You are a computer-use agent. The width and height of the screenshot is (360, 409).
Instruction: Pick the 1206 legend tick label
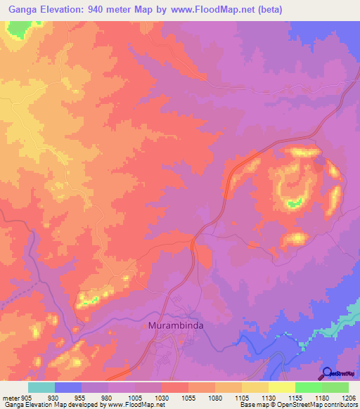(x=349, y=397)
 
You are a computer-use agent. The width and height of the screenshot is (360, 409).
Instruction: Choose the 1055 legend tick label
(x=189, y=397)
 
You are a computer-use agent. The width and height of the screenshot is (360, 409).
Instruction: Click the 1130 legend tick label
(x=269, y=397)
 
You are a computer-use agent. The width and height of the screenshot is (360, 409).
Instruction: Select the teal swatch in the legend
(x=41, y=387)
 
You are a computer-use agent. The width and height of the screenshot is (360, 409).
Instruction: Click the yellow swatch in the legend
(x=281, y=387)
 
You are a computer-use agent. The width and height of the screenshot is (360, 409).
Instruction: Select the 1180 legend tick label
(x=322, y=397)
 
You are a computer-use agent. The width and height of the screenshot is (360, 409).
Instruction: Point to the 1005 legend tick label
(x=136, y=397)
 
